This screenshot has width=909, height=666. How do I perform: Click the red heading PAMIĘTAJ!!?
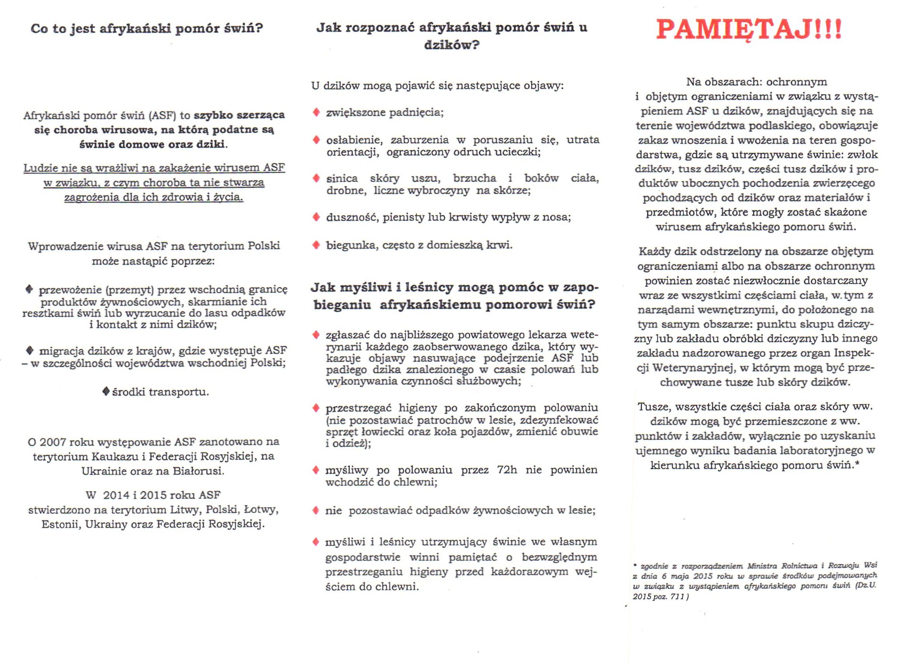pyautogui.click(x=749, y=29)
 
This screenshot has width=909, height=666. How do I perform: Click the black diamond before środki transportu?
pyautogui.click(x=105, y=391)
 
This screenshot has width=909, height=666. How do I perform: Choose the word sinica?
pyautogui.click(x=342, y=179)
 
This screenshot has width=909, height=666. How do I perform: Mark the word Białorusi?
pyautogui.click(x=200, y=471)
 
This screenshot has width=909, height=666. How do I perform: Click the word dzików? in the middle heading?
pyautogui.click(x=451, y=45)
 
